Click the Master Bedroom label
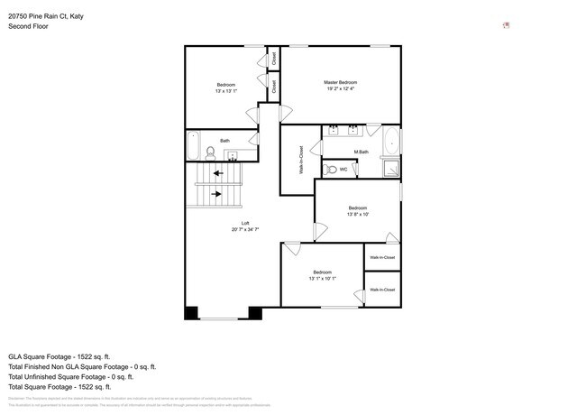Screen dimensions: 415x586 tap(342, 83)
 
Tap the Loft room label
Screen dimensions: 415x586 tap(244, 223)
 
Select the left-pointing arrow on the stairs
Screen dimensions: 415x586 tap(217, 173)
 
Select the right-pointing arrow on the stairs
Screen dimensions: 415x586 tap(217, 193)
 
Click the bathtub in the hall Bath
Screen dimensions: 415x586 tap(192, 147)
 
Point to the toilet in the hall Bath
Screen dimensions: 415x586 tap(210, 152)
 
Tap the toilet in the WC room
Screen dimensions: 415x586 tap(331, 170)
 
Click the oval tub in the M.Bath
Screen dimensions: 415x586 tap(391, 143)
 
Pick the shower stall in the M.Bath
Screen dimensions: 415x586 tap(391, 168)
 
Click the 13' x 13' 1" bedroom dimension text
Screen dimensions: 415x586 tap(225, 91)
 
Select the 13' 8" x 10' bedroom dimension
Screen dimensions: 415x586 tap(358, 215)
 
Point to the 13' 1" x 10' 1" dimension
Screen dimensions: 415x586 tap(322, 279)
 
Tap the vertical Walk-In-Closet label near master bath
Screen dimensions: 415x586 tap(301, 159)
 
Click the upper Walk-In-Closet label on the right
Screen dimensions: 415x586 tap(382, 258)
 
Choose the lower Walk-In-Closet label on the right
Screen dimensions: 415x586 tap(382, 290)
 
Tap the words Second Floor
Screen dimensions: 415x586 tap(28, 26)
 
